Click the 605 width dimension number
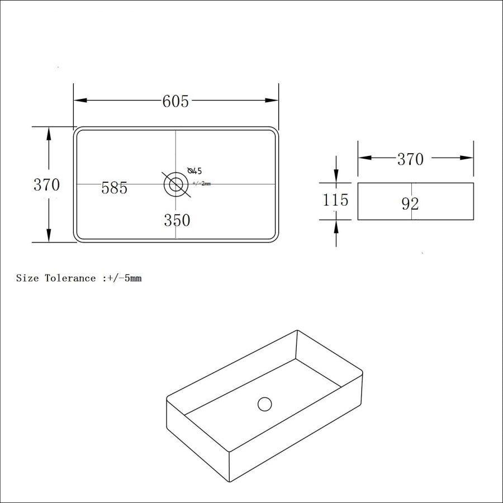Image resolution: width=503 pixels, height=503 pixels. pyautogui.click(x=175, y=101)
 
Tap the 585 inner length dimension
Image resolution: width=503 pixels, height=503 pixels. pyautogui.click(x=115, y=188)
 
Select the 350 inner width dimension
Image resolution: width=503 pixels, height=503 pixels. pyautogui.click(x=177, y=221)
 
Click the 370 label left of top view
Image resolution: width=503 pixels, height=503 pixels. pyautogui.click(x=46, y=185)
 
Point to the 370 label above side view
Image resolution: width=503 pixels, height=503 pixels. pyautogui.click(x=410, y=159)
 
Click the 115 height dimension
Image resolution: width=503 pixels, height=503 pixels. pyautogui.click(x=335, y=200)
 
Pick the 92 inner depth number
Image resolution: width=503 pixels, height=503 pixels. pyautogui.click(x=410, y=204)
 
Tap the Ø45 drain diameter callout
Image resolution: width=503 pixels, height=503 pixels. pyautogui.click(x=195, y=170)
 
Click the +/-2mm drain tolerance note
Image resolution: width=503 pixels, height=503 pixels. pyautogui.click(x=201, y=183)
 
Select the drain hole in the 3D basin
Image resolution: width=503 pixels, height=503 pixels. pyautogui.click(x=264, y=404)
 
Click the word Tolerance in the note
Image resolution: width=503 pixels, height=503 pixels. pyautogui.click(x=70, y=278)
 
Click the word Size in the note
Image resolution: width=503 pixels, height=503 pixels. pyautogui.click(x=27, y=278)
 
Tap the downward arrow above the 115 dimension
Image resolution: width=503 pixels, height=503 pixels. pyautogui.click(x=335, y=176)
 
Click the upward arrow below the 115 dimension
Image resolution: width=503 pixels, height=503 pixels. pyautogui.click(x=335, y=226)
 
